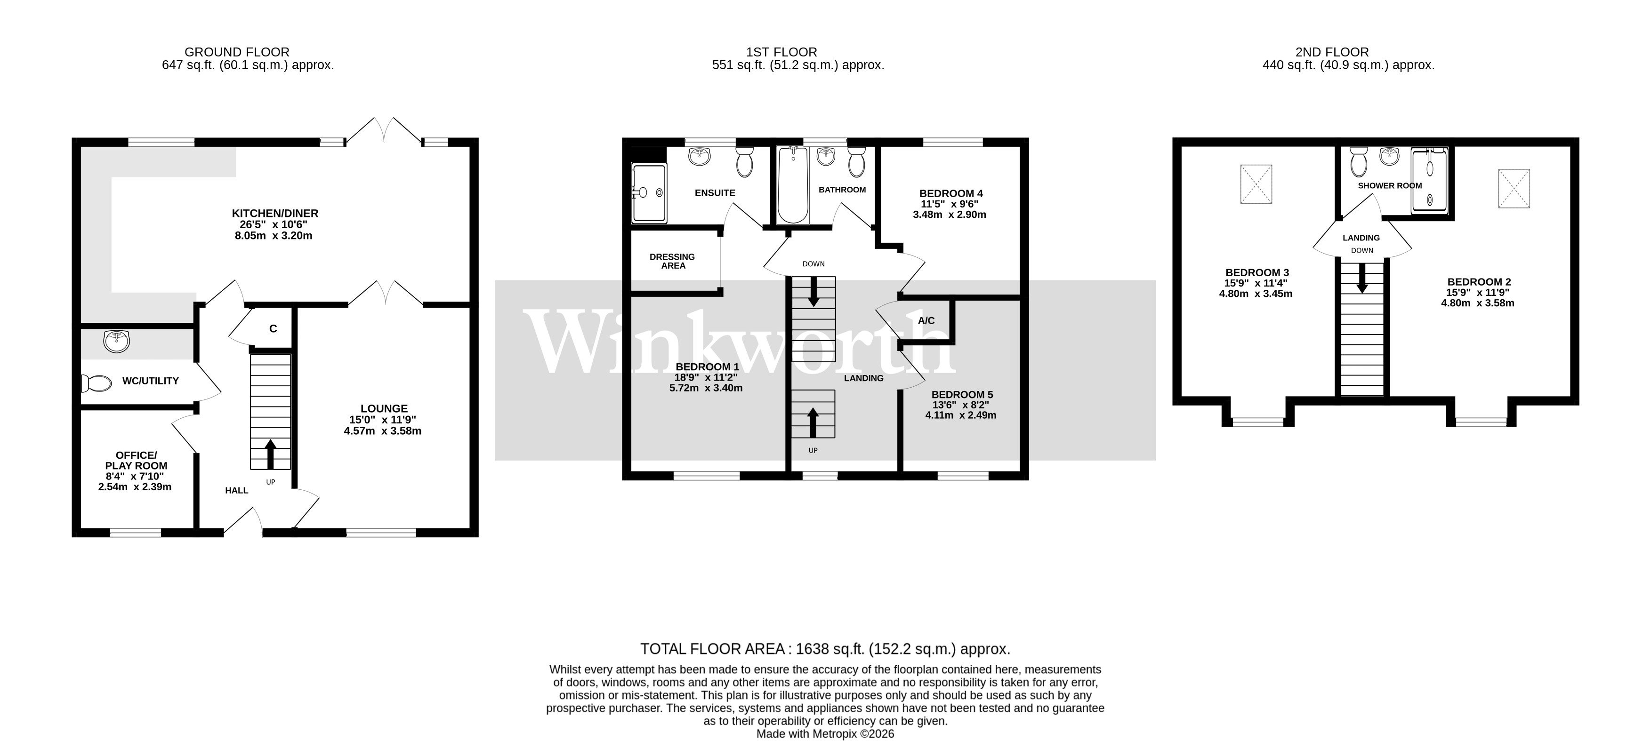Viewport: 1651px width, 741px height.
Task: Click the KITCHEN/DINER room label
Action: coord(275,213)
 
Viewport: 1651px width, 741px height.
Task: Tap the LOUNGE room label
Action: coord(384,408)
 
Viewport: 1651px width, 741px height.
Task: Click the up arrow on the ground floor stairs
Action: coord(270,454)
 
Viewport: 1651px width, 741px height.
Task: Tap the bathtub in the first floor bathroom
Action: coord(793,186)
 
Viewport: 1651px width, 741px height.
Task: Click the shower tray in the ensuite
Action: coord(649,193)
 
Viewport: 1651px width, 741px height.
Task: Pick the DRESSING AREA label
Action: coord(672,261)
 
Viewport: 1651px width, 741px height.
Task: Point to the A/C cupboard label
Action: coord(926,321)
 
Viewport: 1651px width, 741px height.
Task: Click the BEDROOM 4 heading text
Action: coord(950,193)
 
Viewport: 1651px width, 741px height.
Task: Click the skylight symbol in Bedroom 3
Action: coord(1256,184)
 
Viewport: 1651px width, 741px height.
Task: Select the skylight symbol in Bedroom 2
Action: coord(1514,188)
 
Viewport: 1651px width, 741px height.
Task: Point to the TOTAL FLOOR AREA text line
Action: coord(825,649)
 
